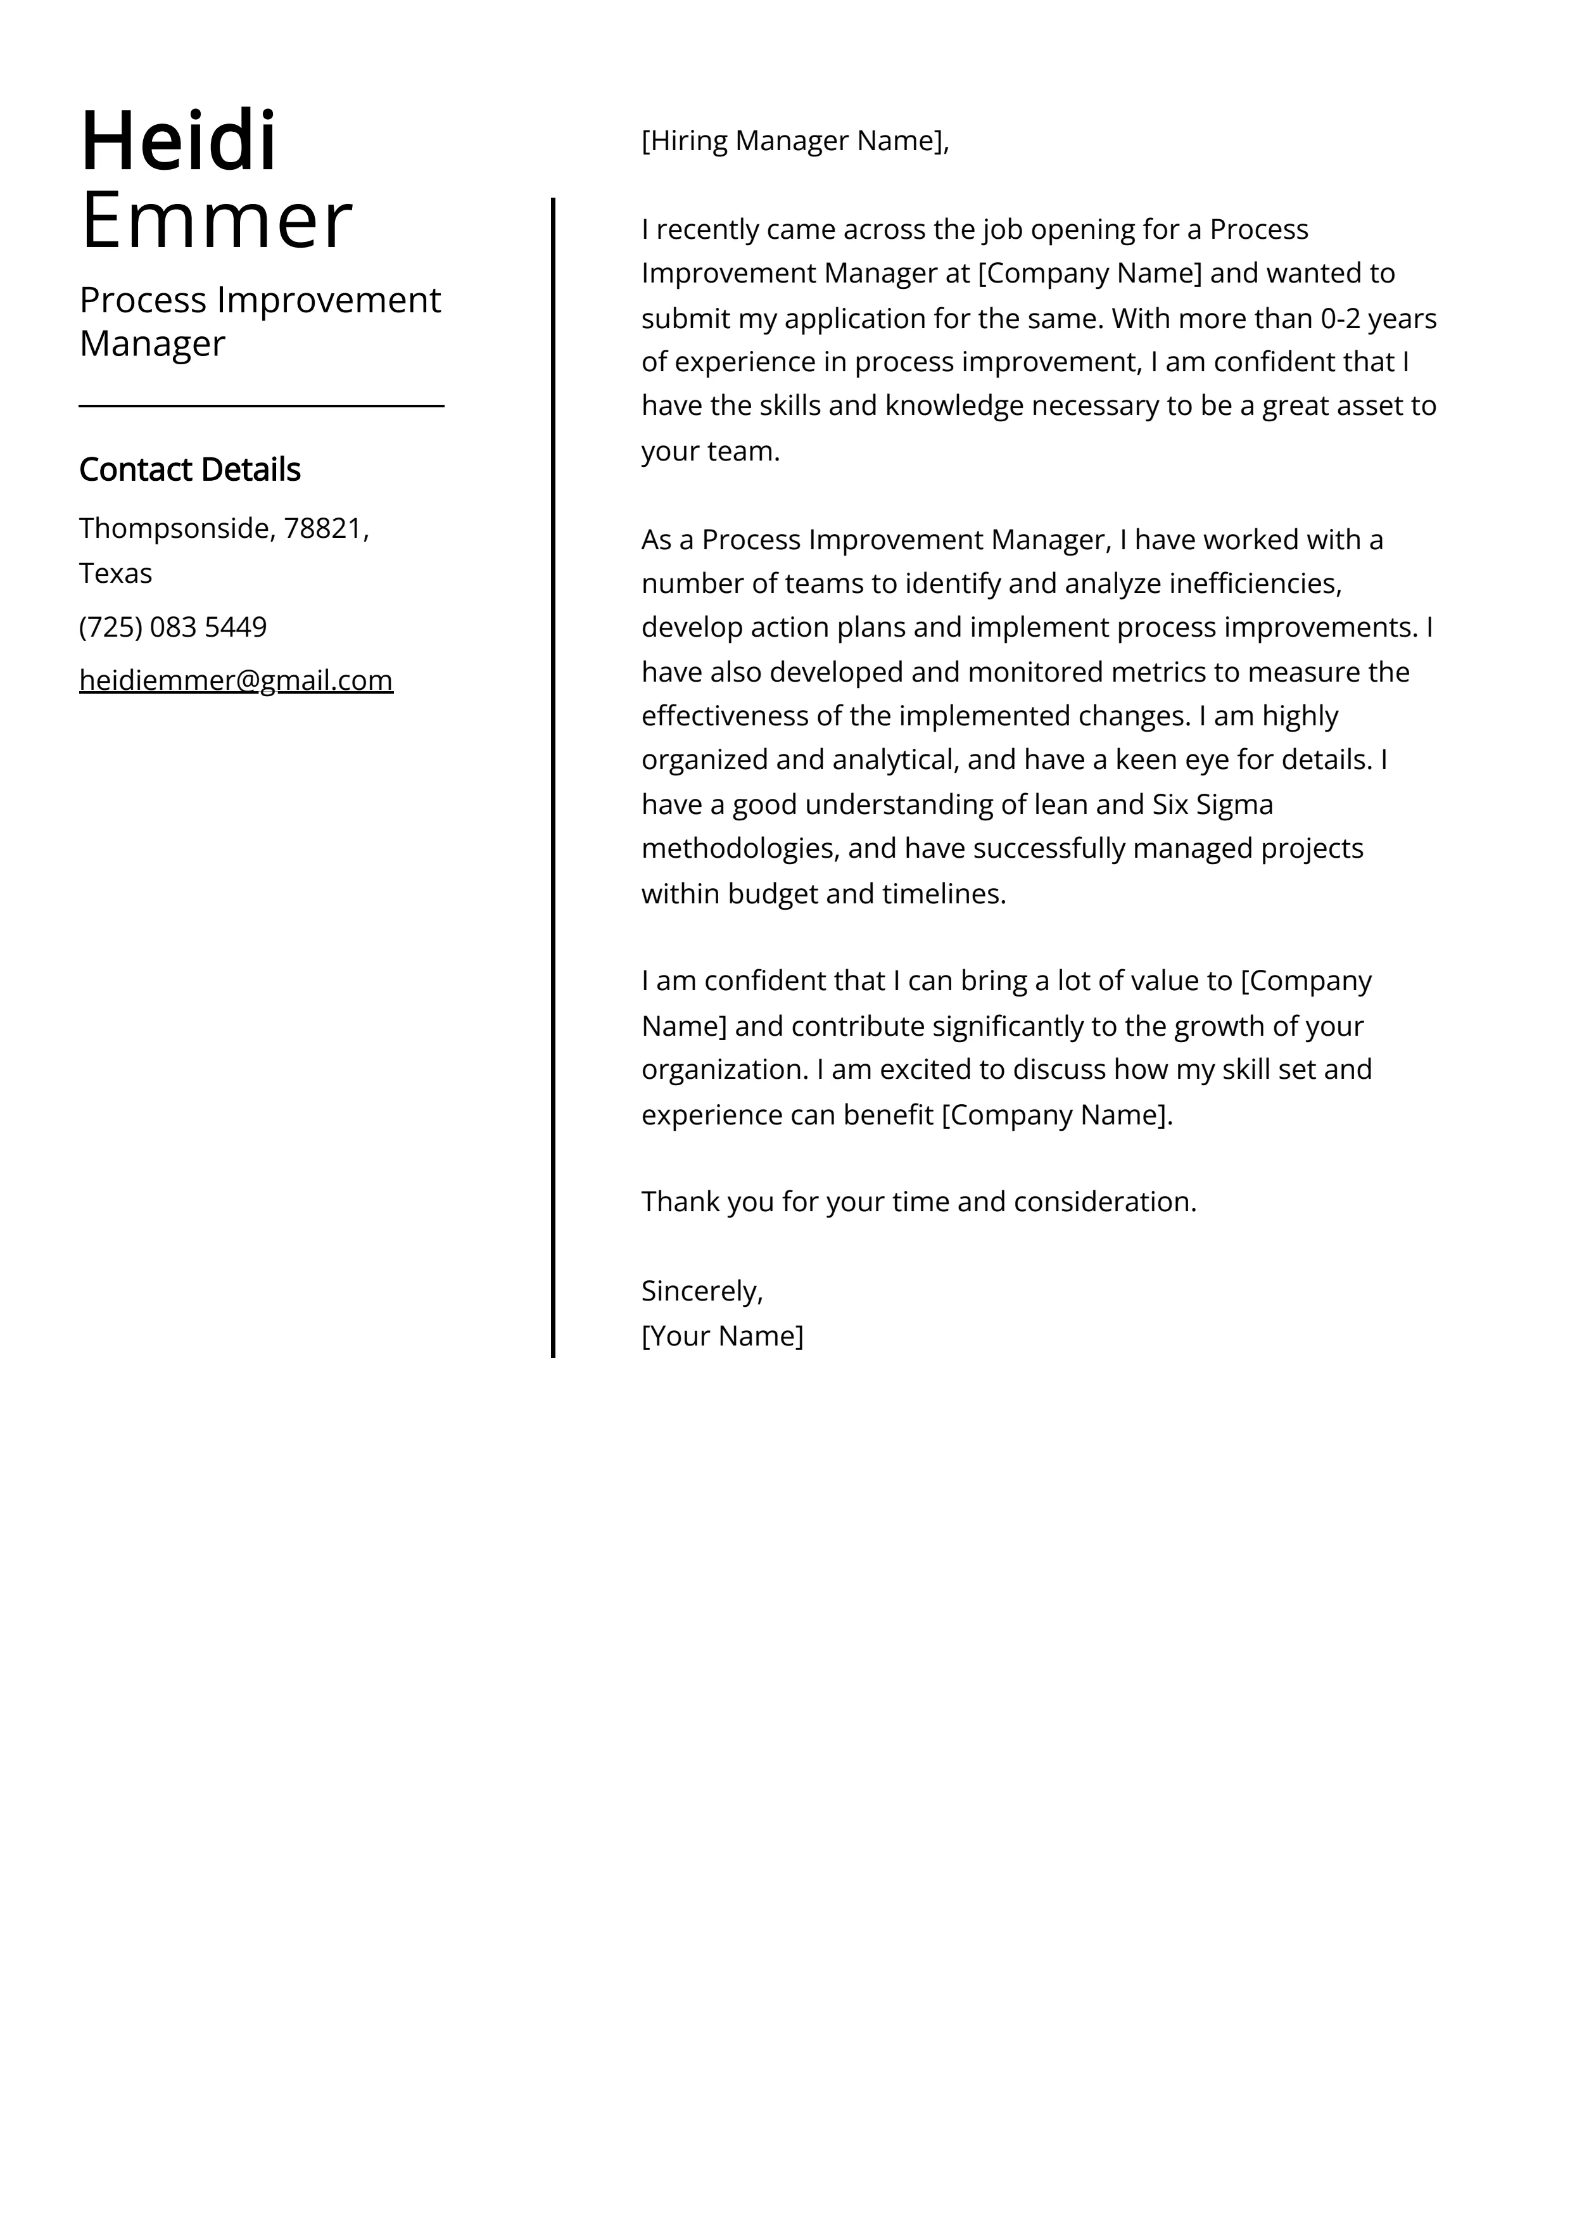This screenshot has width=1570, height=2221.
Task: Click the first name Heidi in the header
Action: point(179,141)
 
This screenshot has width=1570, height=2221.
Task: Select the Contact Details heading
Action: point(189,470)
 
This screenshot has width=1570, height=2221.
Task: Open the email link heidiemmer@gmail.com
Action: point(236,681)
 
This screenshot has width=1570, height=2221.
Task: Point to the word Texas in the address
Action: point(115,574)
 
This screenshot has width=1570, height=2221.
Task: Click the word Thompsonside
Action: point(177,528)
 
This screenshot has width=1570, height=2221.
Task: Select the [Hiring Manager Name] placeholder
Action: point(793,141)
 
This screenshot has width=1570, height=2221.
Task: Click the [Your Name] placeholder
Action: point(721,1336)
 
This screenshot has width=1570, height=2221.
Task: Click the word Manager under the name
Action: point(152,343)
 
